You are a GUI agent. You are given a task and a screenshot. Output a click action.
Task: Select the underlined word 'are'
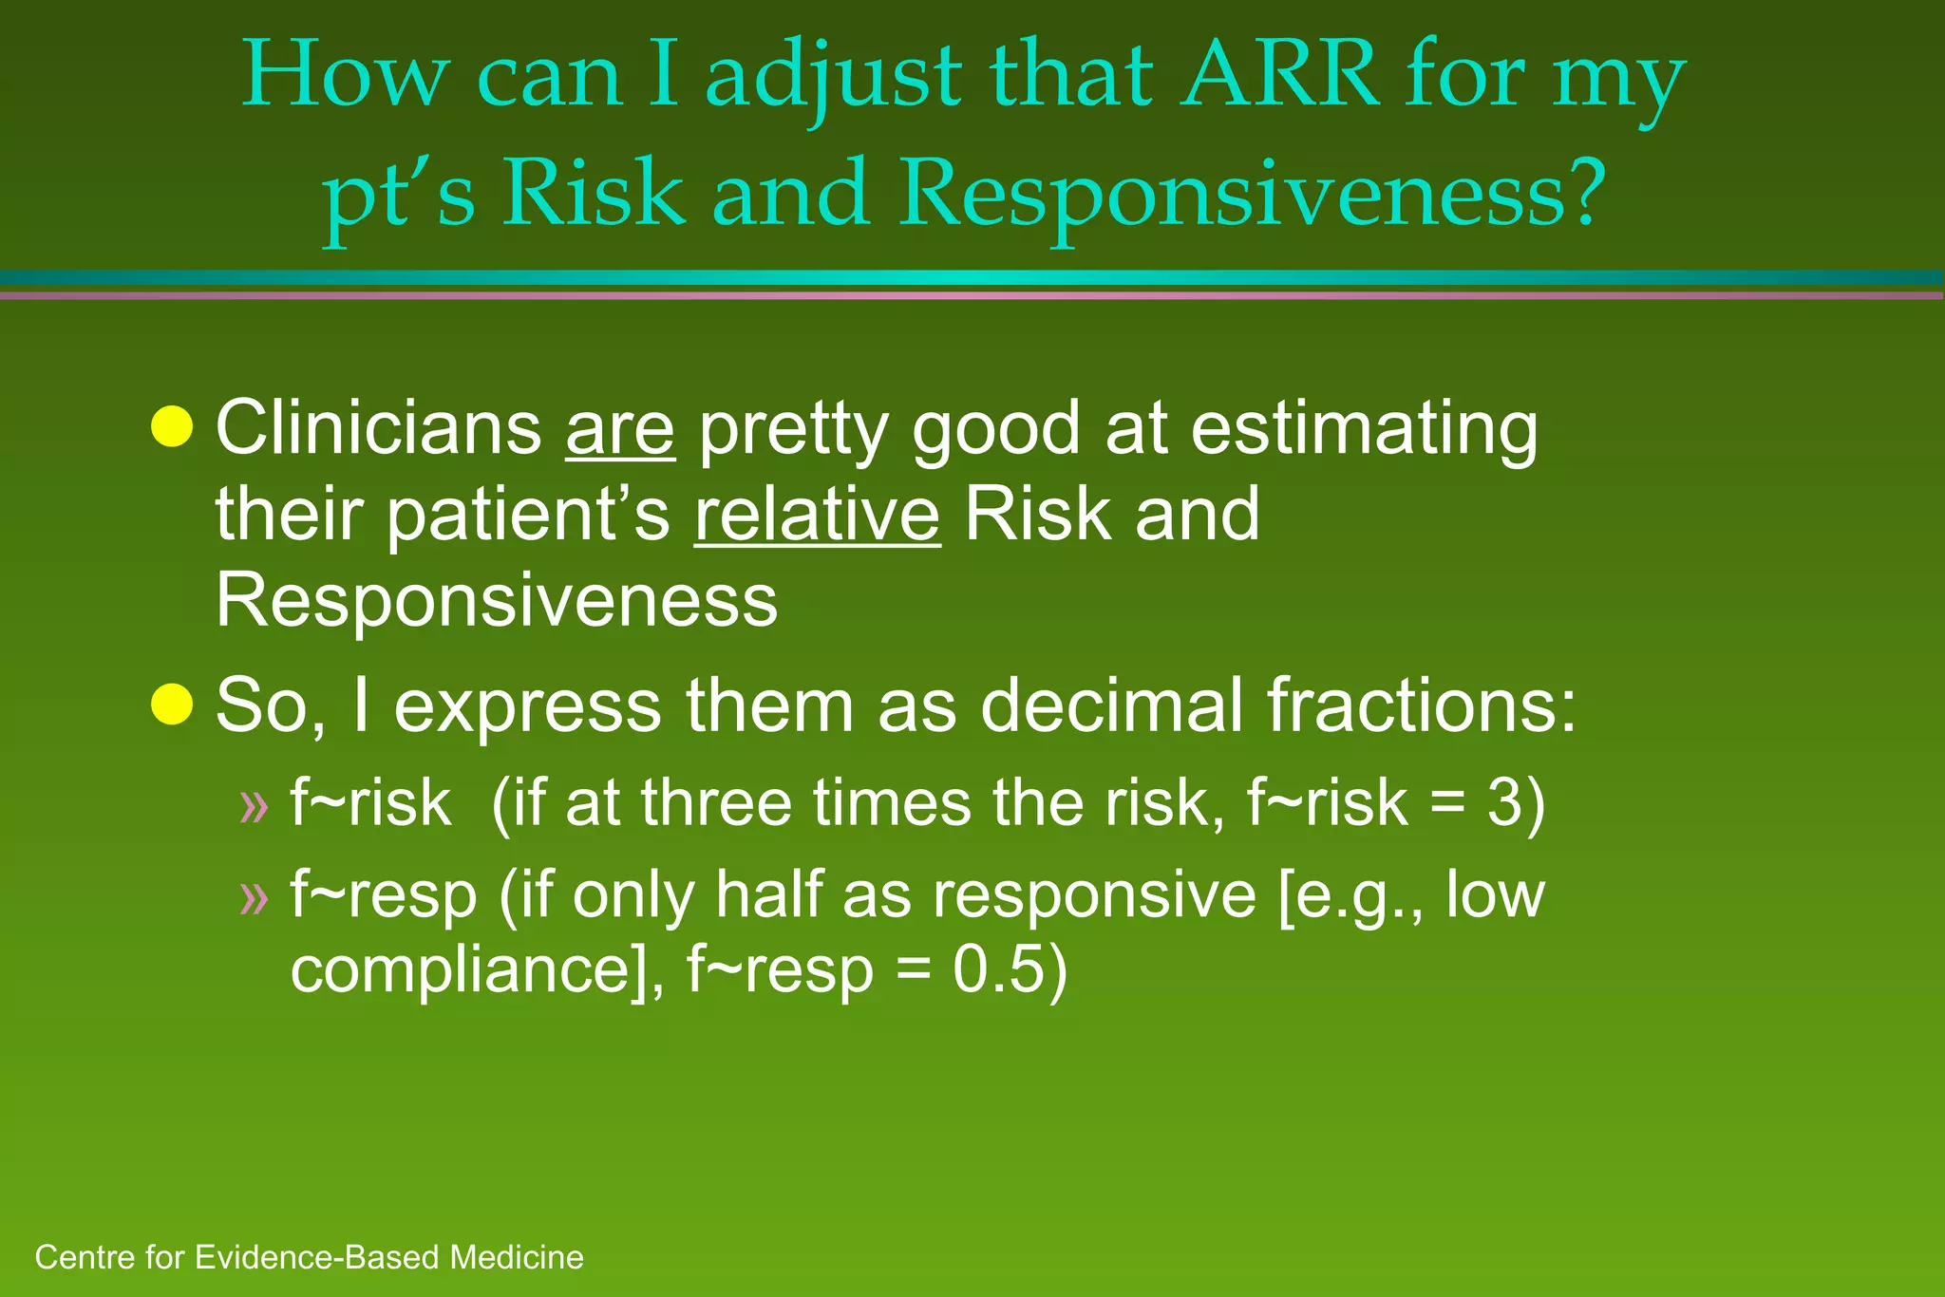620,429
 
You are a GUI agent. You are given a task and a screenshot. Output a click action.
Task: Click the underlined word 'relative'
817,515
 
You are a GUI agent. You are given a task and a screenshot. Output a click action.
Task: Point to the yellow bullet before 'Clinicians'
172,426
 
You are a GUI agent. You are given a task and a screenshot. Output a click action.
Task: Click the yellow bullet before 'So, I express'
172,705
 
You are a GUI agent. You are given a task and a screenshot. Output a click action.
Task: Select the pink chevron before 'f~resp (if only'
254,896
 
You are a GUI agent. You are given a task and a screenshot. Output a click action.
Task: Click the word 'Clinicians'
378,429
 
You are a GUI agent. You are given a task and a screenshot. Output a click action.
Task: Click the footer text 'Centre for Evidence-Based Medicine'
309,1257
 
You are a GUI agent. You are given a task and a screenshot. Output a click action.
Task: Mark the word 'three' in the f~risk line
715,803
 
